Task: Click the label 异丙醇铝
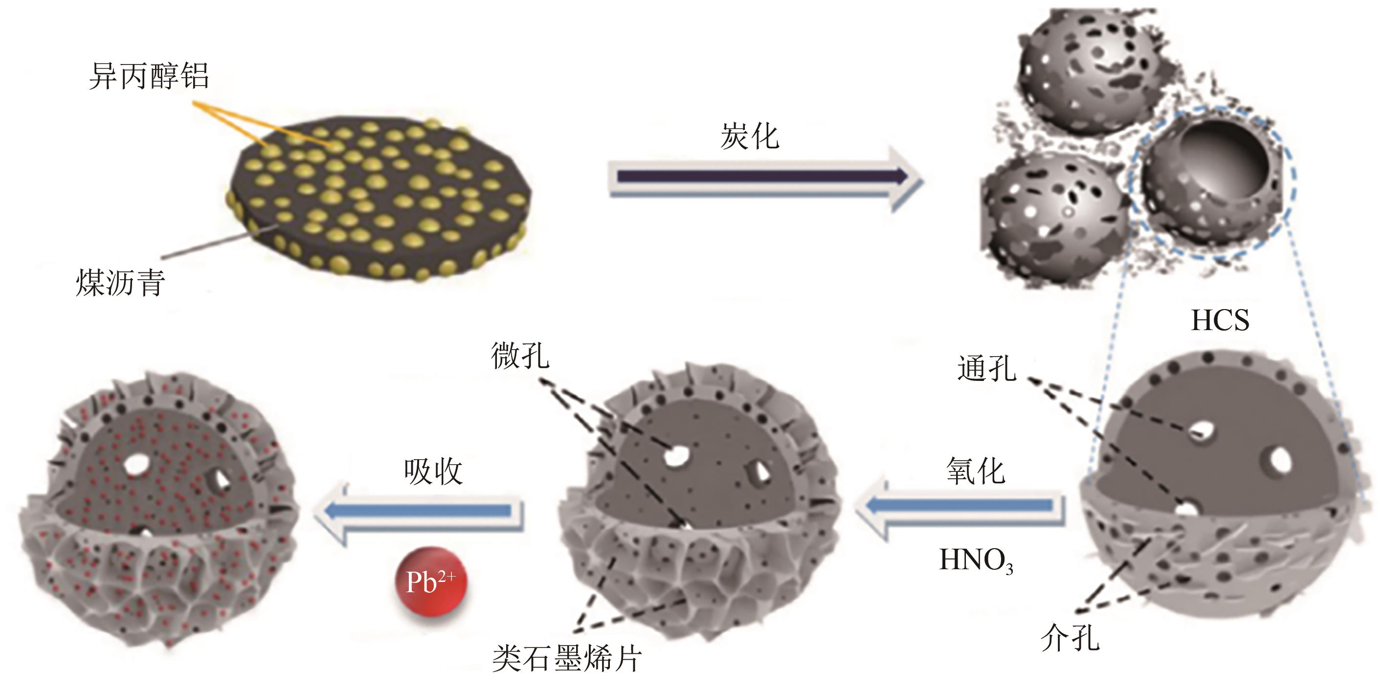pos(149,76)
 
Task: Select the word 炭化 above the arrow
pos(750,136)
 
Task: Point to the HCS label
pos(1220,321)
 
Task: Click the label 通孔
pos(987,369)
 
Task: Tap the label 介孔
pos(1070,638)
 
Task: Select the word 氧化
pos(976,471)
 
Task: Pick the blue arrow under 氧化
pos(961,506)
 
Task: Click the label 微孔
pos(520,356)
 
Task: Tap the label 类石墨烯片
pos(566,658)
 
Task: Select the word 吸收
pos(433,472)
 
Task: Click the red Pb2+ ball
pos(430,581)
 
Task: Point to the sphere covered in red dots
pos(159,509)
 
